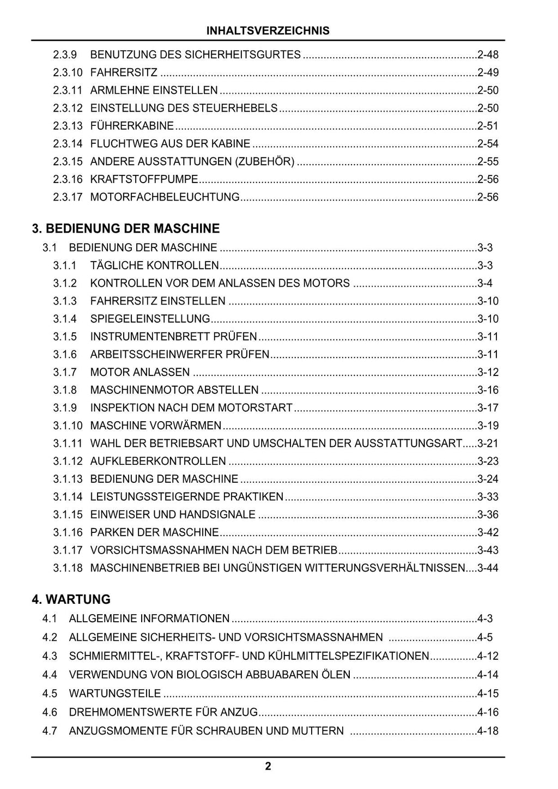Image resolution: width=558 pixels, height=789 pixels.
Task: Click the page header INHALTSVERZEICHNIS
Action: [268, 31]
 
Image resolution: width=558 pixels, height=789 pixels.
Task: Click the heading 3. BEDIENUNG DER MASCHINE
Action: [125, 228]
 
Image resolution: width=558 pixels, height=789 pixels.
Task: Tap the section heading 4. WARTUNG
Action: [71, 599]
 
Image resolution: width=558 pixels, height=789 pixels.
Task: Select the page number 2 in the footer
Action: [268, 767]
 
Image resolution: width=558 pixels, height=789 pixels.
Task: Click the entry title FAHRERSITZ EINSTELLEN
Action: [157, 301]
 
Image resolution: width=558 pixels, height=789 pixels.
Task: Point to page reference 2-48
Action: [488, 54]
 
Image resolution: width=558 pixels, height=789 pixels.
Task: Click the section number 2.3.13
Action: [68, 126]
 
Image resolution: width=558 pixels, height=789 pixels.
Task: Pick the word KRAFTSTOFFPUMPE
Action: [144, 179]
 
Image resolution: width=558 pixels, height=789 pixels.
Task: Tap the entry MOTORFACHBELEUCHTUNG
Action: [165, 197]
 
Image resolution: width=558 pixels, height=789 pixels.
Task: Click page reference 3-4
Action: [485, 283]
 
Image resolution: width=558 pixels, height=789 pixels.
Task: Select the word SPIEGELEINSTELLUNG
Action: [150, 319]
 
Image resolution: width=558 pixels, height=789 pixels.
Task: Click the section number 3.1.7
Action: [65, 372]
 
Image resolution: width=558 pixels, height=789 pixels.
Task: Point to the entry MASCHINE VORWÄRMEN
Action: [156, 426]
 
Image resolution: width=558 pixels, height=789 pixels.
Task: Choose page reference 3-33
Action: [488, 497]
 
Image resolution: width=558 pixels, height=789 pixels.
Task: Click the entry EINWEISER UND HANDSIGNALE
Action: [173, 514]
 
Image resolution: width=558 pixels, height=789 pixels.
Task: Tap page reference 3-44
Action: [488, 568]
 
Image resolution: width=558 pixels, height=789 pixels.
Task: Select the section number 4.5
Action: [50, 694]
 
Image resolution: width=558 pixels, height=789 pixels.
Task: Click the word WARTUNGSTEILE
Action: [115, 694]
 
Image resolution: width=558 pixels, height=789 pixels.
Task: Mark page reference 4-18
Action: [488, 731]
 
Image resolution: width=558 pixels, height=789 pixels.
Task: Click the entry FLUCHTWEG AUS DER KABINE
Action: [170, 144]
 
